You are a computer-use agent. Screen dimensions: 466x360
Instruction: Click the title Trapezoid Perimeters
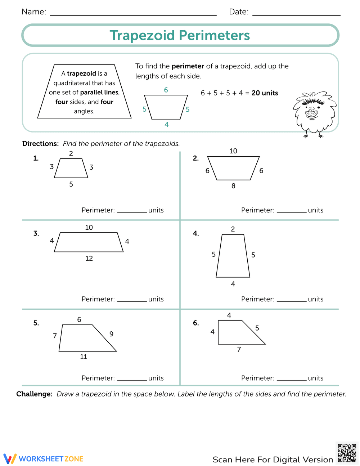[180, 35]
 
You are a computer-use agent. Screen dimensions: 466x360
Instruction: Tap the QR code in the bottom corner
[347, 453]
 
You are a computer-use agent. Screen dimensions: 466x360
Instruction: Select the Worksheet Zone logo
[44, 459]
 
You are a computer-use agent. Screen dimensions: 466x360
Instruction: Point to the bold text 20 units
[265, 93]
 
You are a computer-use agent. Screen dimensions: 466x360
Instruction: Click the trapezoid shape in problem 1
[71, 169]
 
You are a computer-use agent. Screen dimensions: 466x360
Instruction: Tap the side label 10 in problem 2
[233, 151]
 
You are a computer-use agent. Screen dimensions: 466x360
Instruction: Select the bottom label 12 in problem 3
[89, 258]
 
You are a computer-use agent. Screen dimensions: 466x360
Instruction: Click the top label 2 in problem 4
[233, 229]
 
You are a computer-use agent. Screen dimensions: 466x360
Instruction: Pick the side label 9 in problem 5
[112, 334]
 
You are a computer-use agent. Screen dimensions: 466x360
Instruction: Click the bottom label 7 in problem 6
[239, 349]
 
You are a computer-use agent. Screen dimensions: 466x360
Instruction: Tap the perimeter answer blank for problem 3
[132, 299]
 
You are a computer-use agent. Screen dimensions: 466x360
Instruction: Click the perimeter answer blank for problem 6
[291, 378]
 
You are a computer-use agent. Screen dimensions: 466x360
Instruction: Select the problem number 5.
[36, 323]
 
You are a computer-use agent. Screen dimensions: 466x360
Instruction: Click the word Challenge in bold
[34, 394]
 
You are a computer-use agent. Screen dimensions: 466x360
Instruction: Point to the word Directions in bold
[40, 144]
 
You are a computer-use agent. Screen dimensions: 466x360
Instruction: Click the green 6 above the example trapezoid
[166, 90]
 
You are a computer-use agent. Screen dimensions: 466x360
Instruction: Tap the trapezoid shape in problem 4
[233, 256]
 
